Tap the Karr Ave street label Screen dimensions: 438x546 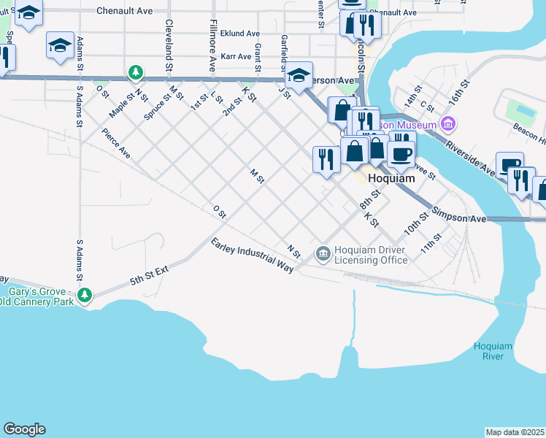[x=235, y=56]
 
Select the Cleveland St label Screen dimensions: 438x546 [x=169, y=44]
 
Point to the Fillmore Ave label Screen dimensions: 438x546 [x=212, y=44]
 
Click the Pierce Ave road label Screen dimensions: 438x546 [x=116, y=144]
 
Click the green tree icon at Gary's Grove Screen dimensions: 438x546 [x=86, y=295]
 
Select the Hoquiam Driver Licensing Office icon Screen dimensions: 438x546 [x=323, y=254]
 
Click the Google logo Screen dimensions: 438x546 [x=24, y=429]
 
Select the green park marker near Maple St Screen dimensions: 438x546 [x=135, y=72]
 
